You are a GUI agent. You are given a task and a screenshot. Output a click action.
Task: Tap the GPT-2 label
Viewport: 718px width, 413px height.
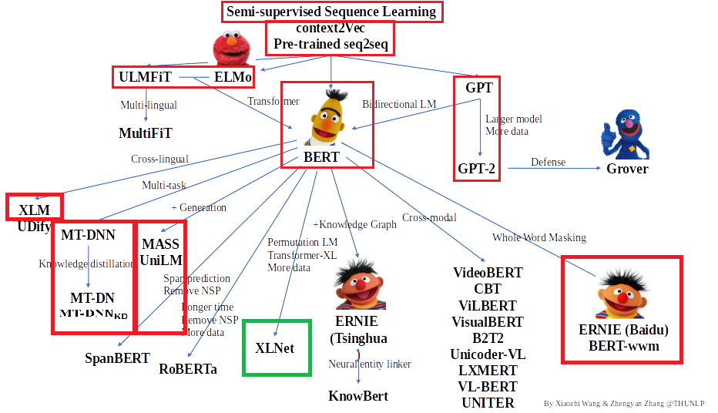[x=476, y=168]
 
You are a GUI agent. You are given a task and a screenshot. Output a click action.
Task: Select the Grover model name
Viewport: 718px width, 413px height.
[x=627, y=169]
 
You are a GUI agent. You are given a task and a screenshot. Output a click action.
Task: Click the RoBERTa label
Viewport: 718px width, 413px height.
[x=188, y=369]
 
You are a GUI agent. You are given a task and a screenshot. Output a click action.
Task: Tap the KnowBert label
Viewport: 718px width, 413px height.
[x=358, y=396]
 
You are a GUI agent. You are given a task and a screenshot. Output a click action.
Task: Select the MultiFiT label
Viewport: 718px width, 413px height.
[x=146, y=133]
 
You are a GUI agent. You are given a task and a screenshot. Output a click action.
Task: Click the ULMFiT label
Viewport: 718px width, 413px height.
[x=145, y=77]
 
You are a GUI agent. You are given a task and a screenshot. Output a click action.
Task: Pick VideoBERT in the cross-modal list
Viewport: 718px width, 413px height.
[x=488, y=273]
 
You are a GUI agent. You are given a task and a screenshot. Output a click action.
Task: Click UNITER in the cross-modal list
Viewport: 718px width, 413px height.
[x=488, y=402]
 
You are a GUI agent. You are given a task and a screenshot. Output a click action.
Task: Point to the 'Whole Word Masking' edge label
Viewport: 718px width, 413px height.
[x=539, y=237]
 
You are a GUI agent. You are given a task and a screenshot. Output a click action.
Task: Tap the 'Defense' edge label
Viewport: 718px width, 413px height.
[x=548, y=162]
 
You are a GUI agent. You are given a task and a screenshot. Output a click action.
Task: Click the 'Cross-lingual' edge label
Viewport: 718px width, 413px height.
[x=159, y=159]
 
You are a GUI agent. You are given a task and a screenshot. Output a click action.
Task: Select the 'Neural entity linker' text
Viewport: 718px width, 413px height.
[x=370, y=364]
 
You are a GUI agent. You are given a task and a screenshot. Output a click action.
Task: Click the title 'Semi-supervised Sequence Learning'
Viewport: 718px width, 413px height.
[x=331, y=12]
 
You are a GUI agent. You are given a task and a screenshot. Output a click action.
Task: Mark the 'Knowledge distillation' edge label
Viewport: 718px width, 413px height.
[x=86, y=264]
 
